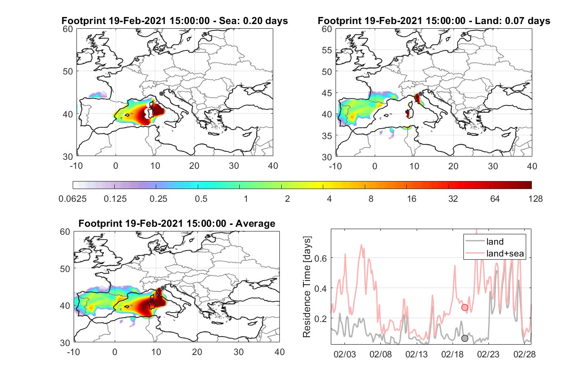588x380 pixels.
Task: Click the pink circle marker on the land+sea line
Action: [465, 307]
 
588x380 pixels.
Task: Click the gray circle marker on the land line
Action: [465, 339]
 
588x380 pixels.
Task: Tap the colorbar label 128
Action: [535, 198]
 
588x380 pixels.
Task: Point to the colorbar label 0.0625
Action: [73, 198]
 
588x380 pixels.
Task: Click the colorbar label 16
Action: [412, 198]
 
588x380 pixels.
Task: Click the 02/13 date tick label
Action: [416, 354]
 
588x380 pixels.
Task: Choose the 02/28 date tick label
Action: [524, 354]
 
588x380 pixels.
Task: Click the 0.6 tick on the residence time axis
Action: [320, 258]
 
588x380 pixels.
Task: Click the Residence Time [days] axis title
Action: [307, 287]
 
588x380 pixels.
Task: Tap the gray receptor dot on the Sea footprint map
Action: [161, 94]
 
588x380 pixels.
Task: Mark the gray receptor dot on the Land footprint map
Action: [420, 94]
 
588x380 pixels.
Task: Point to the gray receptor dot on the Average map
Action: [163, 288]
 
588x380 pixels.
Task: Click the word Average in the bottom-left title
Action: [255, 223]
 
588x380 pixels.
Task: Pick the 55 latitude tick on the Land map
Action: [327, 50]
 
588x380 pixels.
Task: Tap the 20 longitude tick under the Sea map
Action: [194, 166]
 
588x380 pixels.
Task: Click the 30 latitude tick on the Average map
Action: [65, 343]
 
